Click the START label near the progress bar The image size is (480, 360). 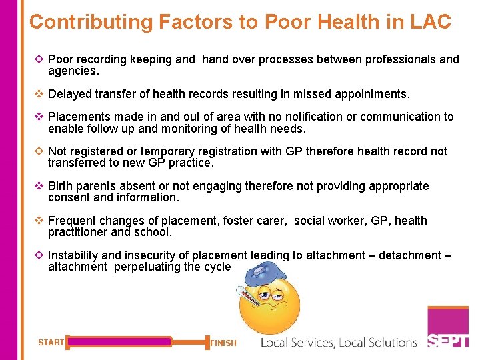(x=51, y=343)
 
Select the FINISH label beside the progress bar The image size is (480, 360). (x=223, y=343)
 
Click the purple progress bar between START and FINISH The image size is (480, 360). (x=120, y=342)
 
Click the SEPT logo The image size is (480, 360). (x=448, y=340)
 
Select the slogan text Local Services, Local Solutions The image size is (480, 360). (x=339, y=343)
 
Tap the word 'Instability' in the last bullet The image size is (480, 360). (x=73, y=255)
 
